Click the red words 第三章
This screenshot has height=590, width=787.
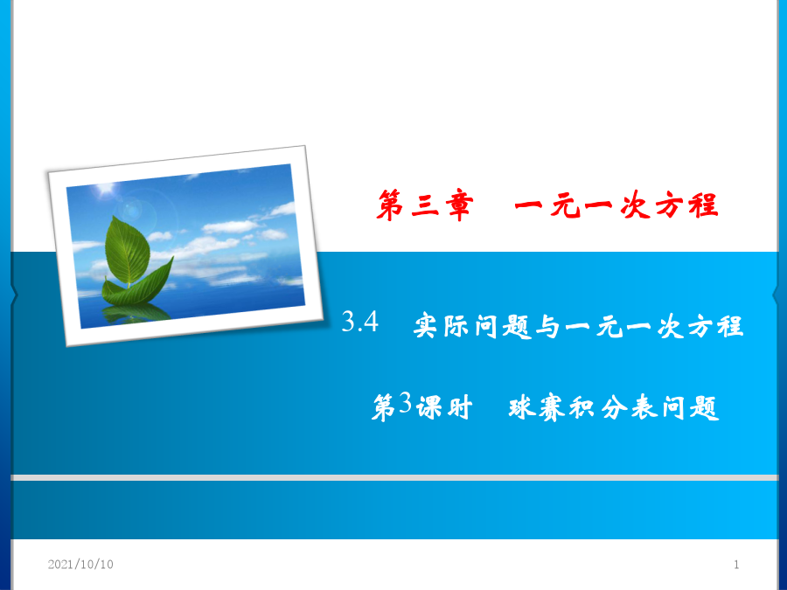point(425,205)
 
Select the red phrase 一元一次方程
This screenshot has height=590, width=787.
point(616,205)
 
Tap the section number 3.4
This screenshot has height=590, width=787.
point(360,322)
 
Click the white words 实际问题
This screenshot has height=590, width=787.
point(472,327)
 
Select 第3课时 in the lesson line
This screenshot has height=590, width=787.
point(422,406)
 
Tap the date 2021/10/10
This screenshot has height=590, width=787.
point(80,565)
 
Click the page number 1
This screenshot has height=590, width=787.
point(736,565)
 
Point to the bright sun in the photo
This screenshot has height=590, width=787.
point(106,189)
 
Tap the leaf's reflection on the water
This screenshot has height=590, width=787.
point(136,313)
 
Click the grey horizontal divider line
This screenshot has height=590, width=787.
point(394,477)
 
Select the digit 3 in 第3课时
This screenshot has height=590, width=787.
point(405,403)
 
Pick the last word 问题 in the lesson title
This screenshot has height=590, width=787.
point(691,406)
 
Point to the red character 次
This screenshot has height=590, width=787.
point(635,205)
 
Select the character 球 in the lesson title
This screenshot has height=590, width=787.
point(523,406)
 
